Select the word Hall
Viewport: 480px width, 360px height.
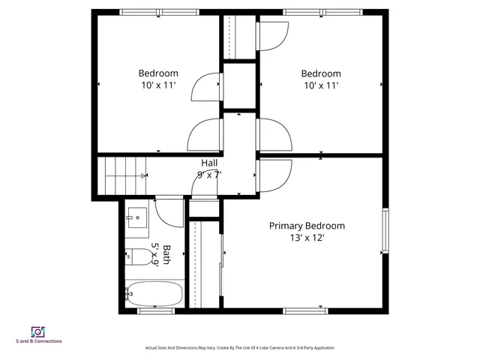point(209,163)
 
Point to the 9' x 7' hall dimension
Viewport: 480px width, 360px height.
point(209,174)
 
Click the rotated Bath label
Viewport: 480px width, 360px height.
point(166,254)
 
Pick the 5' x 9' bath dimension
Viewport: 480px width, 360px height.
point(156,254)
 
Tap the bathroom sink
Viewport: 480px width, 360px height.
point(136,218)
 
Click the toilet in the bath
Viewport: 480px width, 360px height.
point(135,256)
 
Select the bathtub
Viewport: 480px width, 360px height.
point(153,293)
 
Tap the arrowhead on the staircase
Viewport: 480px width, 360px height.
point(144,175)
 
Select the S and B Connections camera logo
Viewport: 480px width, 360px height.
point(37,331)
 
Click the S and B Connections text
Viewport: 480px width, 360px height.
point(38,341)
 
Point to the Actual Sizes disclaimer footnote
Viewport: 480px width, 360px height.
point(239,348)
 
